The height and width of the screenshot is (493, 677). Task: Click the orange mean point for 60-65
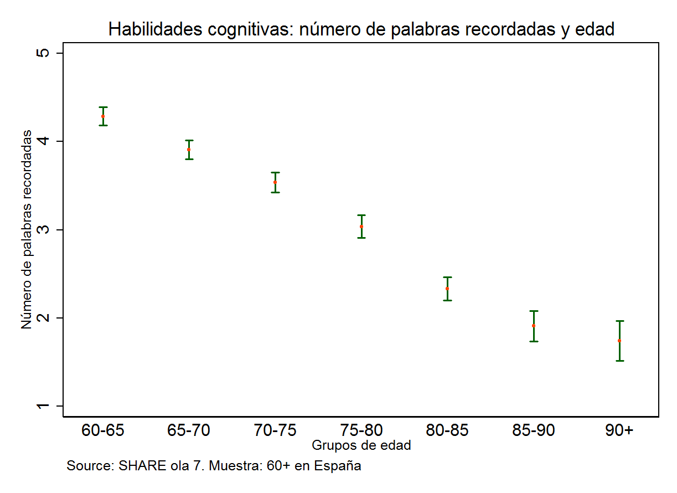(x=103, y=116)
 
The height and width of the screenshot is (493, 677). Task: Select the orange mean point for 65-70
(x=189, y=150)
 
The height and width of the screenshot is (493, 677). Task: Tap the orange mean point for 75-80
(x=361, y=227)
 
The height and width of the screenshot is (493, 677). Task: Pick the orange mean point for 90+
(x=619, y=341)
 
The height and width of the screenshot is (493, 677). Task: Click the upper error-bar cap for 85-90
(x=534, y=311)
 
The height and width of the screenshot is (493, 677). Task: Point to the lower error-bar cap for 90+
(x=619, y=361)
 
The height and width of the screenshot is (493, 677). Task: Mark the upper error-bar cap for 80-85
(x=447, y=277)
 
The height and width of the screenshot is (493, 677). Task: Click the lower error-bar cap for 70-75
(x=275, y=192)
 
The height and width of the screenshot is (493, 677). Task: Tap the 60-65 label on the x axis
(x=103, y=430)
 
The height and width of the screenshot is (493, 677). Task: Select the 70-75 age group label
(x=275, y=430)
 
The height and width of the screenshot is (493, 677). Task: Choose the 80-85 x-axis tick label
(x=447, y=430)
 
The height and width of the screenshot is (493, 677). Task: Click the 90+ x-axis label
(x=619, y=430)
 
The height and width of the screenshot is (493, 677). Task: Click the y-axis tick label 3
(x=44, y=230)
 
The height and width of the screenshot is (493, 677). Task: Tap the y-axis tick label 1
(x=44, y=406)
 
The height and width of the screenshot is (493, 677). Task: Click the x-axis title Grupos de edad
(x=361, y=445)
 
